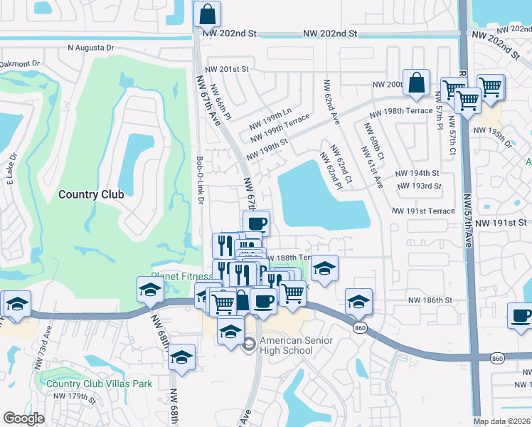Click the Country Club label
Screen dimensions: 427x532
point(91,194)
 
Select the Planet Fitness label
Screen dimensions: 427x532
point(181,277)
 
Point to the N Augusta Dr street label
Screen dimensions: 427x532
point(90,48)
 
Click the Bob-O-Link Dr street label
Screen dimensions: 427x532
point(201,180)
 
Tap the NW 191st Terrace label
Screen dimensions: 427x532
point(423,211)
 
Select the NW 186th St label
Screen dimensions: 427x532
point(430,301)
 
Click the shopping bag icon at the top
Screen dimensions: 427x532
point(207,14)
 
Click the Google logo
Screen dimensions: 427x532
point(23,419)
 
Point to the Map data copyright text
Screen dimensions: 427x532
point(502,421)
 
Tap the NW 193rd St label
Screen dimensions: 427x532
point(418,186)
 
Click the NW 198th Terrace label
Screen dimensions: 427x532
point(400,111)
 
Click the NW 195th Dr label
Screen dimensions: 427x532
point(492,135)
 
